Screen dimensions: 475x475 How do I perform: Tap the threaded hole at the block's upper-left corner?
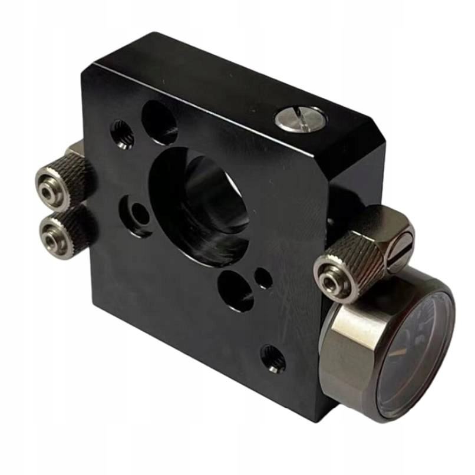[122, 134]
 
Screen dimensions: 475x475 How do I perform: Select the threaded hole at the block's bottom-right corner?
[273, 358]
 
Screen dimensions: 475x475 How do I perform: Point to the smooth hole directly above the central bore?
[160, 123]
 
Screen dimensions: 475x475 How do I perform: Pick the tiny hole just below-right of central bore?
[263, 278]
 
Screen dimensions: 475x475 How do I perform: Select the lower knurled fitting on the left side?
[62, 233]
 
